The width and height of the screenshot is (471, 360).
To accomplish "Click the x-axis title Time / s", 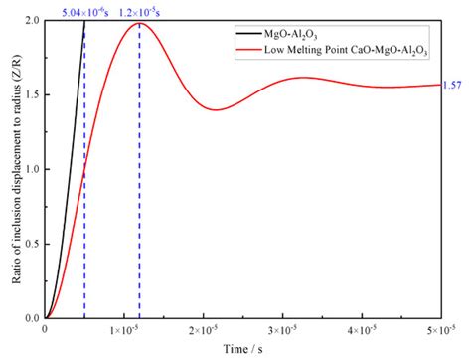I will [x=242, y=349].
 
